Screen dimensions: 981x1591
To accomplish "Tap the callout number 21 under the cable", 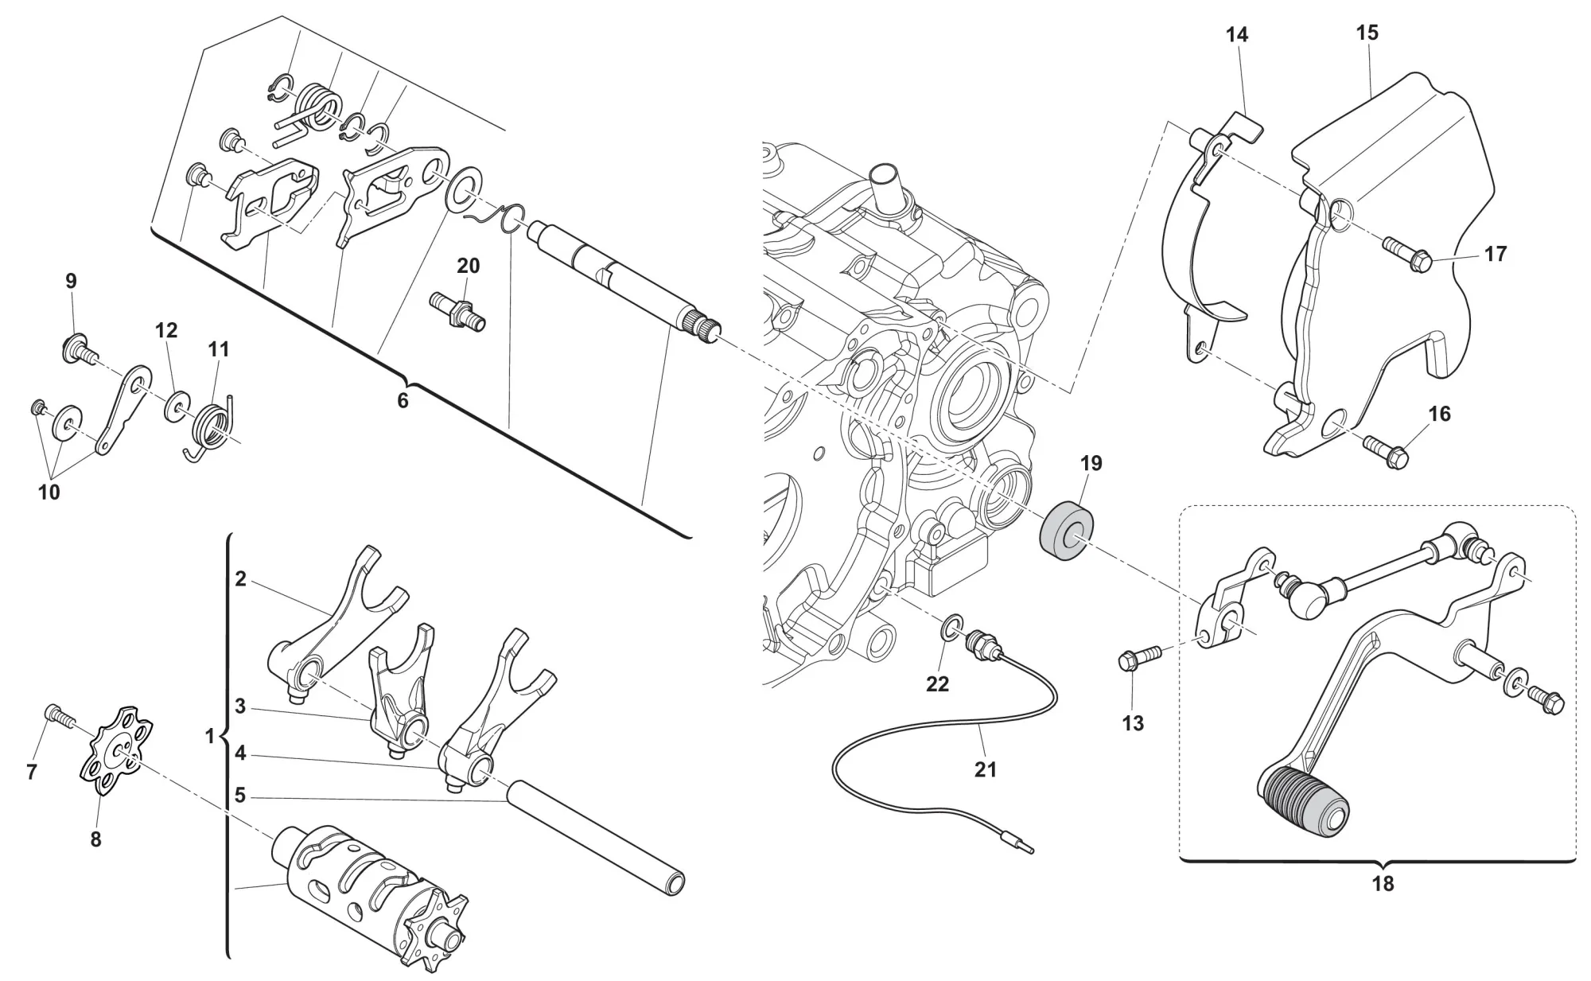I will (x=985, y=769).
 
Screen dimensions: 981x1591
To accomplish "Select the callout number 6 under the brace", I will (x=403, y=401).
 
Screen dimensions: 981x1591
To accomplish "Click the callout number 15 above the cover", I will (x=1367, y=33).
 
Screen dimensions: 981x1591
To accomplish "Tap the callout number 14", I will (x=1237, y=35).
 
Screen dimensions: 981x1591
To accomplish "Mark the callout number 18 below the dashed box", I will (x=1383, y=883).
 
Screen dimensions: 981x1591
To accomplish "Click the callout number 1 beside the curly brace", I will (x=210, y=737).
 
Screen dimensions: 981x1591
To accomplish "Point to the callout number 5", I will (x=240, y=796).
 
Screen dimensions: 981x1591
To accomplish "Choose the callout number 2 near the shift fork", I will (x=240, y=578).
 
